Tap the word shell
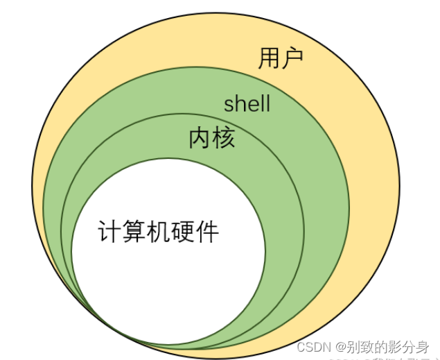(x=247, y=105)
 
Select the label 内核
(x=212, y=139)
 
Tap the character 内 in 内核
(x=200, y=139)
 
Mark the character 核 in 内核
(x=224, y=139)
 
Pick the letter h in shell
(x=239, y=105)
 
